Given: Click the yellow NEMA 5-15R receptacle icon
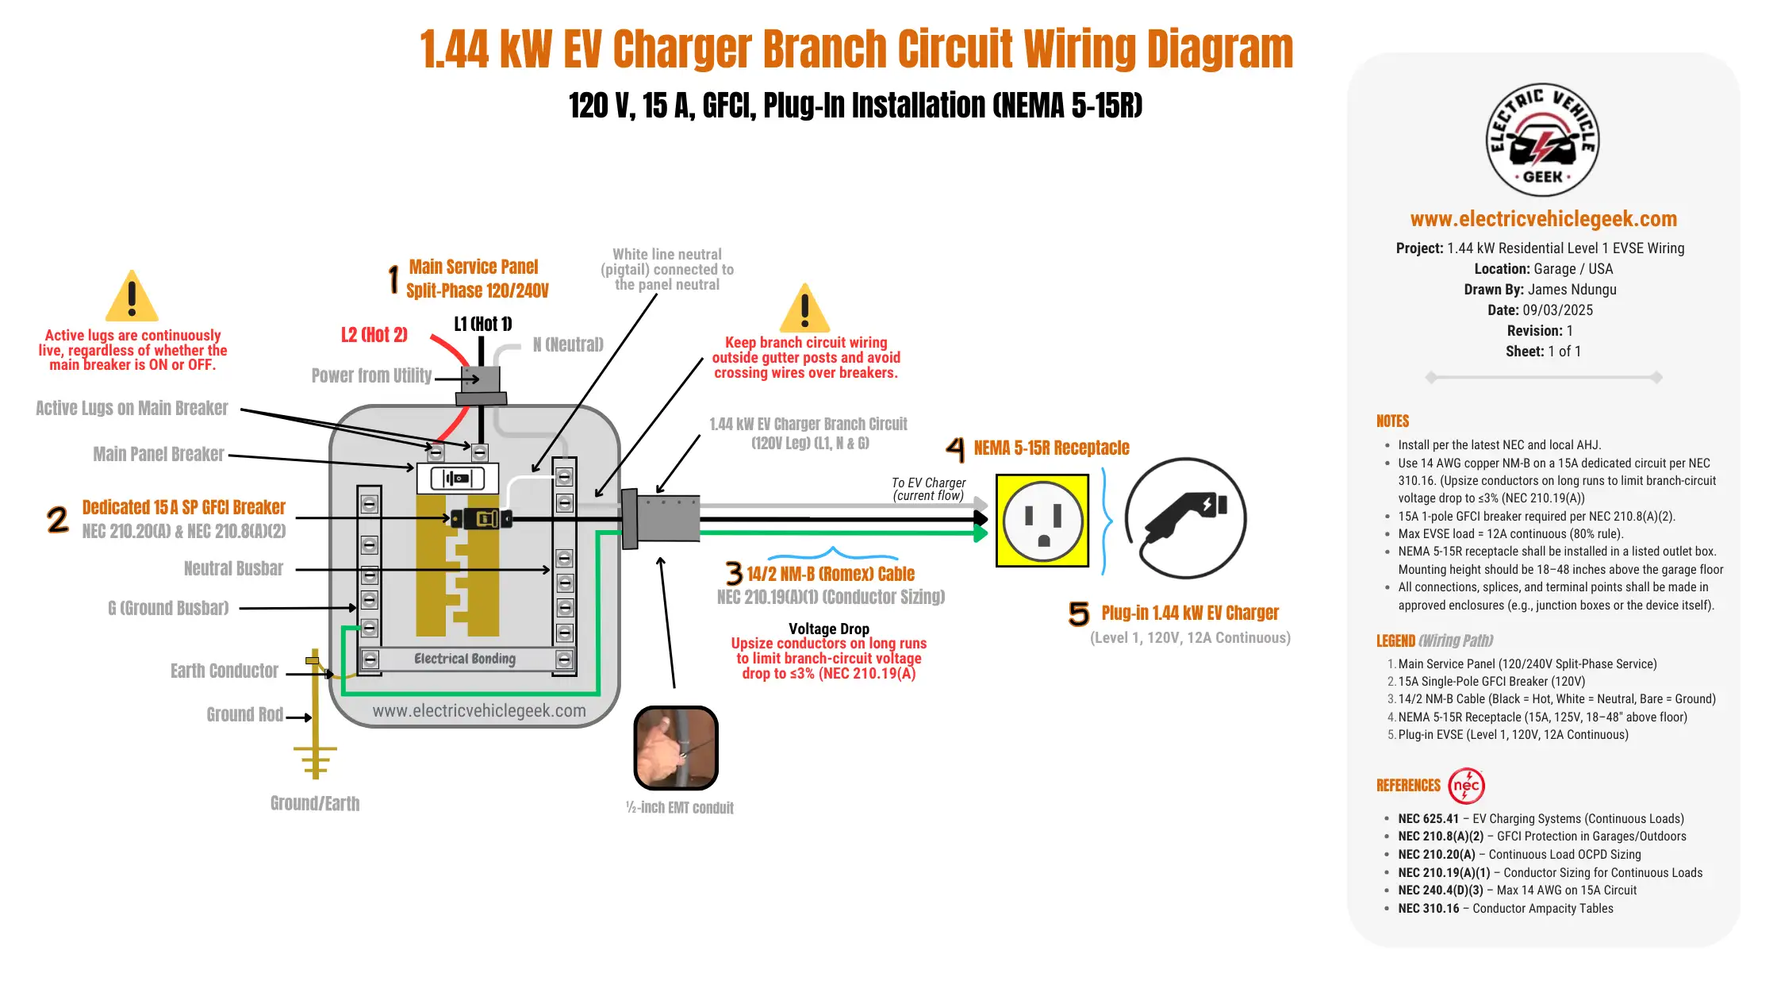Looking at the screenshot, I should click(x=1042, y=521).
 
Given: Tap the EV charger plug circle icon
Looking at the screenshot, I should click(x=1185, y=518).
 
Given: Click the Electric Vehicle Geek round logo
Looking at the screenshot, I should click(x=1542, y=140).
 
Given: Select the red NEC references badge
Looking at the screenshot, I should click(x=1466, y=786).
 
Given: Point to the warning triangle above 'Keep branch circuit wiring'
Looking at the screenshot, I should click(x=804, y=310).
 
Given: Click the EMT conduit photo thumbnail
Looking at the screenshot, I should click(x=676, y=748).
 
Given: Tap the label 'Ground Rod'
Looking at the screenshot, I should click(x=244, y=715).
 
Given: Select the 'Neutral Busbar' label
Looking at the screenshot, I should click(x=233, y=569).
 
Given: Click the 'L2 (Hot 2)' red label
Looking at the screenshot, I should click(x=374, y=335).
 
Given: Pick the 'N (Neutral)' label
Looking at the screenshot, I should click(x=568, y=344).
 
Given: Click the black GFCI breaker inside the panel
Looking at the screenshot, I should click(x=482, y=519).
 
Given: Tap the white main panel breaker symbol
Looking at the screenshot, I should click(x=457, y=479).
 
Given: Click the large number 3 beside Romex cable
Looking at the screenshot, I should click(x=734, y=573).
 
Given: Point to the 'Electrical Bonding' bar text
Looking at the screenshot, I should click(x=465, y=659).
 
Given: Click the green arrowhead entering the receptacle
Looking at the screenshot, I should click(x=981, y=533).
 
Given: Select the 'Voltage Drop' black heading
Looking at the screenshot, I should click(x=828, y=629).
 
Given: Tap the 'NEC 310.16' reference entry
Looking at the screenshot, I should click(x=1428, y=909).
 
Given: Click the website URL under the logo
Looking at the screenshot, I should click(x=1543, y=219).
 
